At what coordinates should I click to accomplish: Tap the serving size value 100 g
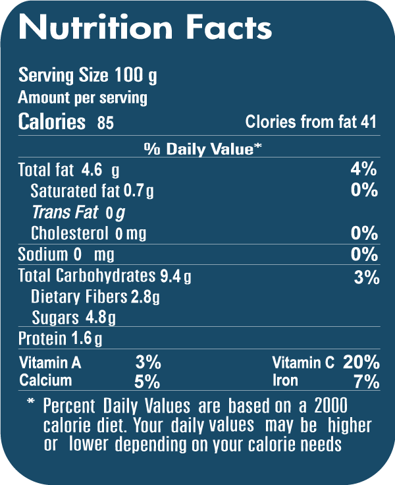point(136,76)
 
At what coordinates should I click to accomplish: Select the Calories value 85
point(105,123)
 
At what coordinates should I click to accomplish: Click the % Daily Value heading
point(203,149)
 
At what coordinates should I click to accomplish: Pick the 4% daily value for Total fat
point(363,169)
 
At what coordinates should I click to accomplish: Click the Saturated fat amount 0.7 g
point(138,192)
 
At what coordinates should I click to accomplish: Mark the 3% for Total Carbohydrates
point(366,277)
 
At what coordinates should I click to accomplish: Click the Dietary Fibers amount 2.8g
point(145,297)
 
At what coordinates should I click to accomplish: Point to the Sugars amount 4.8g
point(100,318)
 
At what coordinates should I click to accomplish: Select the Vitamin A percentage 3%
point(147,362)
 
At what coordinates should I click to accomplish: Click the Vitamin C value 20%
point(361,362)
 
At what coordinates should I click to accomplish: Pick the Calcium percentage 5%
point(147,382)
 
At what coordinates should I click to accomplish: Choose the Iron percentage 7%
point(366,382)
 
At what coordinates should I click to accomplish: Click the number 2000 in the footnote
point(331,404)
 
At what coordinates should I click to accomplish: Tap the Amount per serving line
point(83,99)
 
